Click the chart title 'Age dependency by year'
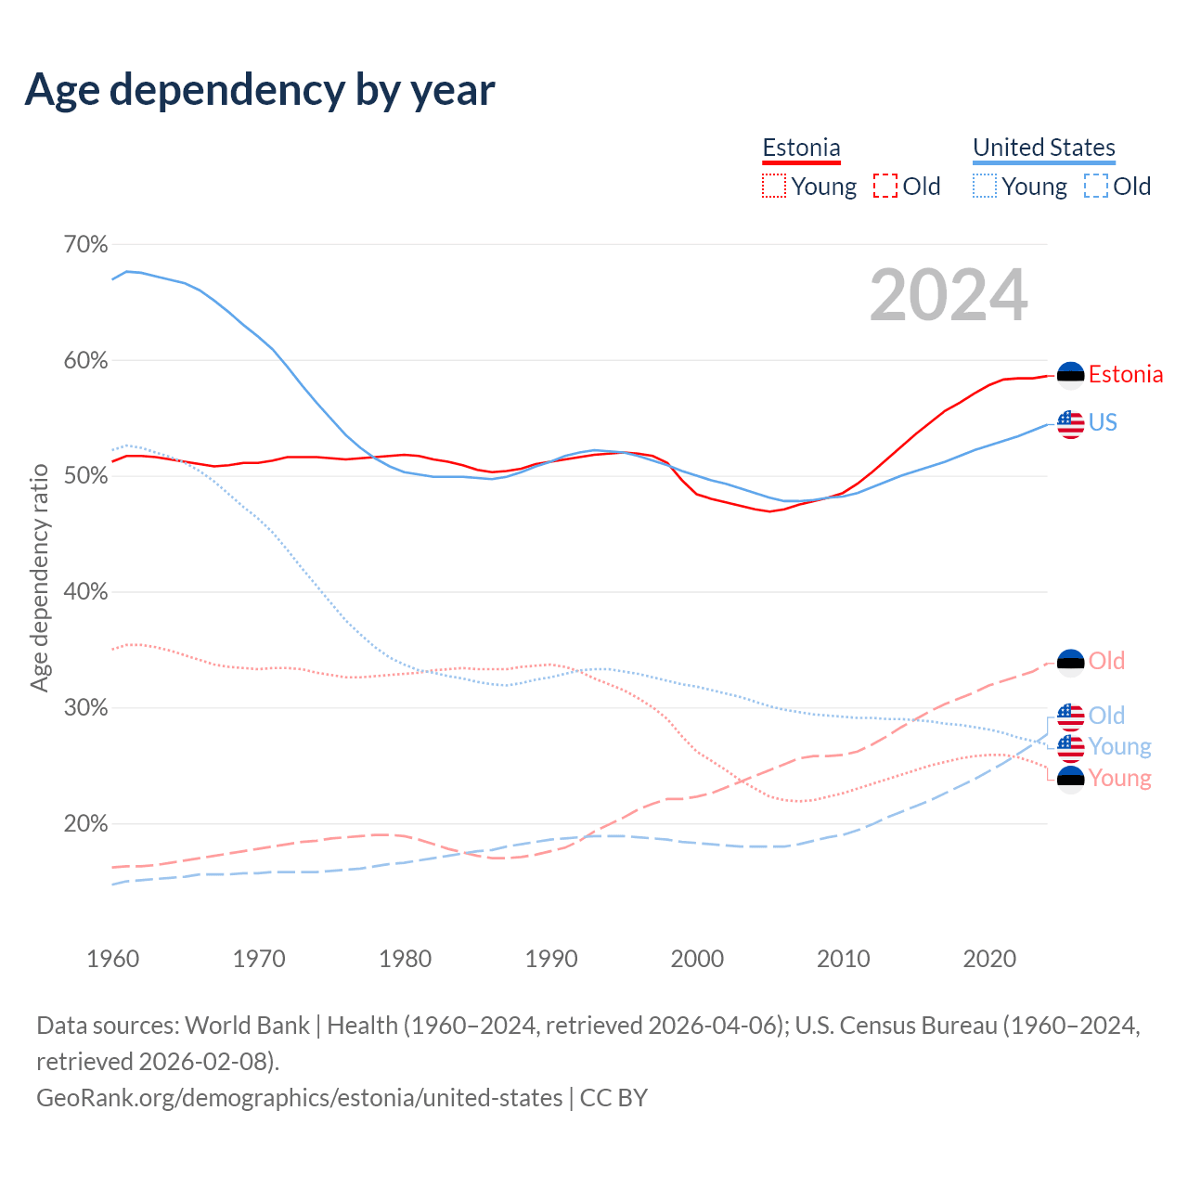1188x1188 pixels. point(260,89)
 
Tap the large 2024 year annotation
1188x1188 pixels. point(949,295)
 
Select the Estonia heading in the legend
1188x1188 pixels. point(801,148)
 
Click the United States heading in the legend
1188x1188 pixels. point(1044,148)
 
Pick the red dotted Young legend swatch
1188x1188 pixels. point(773,187)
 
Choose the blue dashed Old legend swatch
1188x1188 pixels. point(1095,187)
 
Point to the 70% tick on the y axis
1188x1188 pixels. point(85,245)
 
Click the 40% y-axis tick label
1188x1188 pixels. point(85,592)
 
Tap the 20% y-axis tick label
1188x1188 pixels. point(85,824)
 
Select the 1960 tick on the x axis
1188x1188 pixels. point(113,959)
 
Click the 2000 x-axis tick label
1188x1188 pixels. point(697,959)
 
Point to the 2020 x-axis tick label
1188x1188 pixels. point(989,959)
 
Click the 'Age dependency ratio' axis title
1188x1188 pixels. point(39,578)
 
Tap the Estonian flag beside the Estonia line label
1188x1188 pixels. point(1071,375)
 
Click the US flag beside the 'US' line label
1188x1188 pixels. point(1071,424)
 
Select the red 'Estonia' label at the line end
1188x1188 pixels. point(1126,375)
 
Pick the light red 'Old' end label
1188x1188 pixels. point(1106,662)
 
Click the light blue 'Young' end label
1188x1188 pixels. point(1119,747)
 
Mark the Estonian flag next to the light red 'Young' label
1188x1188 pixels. point(1071,779)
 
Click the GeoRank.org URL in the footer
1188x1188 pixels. point(299,1098)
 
